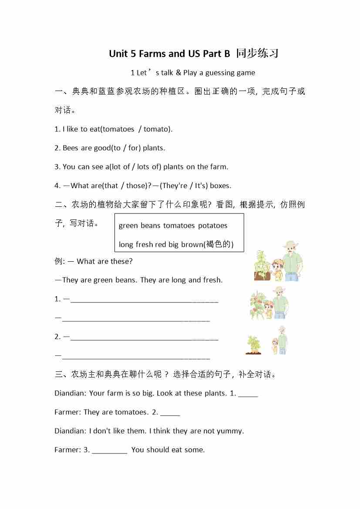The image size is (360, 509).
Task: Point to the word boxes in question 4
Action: (x=220, y=185)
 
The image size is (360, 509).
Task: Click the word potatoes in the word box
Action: (x=212, y=225)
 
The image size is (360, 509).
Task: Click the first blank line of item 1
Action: (x=144, y=300)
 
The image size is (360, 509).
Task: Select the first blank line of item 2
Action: (x=144, y=338)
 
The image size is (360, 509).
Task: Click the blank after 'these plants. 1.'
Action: (x=248, y=395)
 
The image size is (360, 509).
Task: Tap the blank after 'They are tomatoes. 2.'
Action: (x=170, y=414)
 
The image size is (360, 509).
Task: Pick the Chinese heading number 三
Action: (x=59, y=374)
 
